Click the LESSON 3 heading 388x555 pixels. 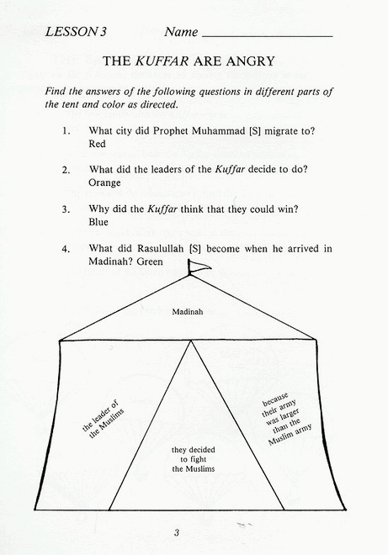(76, 32)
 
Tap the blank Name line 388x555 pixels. (267, 36)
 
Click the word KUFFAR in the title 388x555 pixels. (162, 61)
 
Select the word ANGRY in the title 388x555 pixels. (250, 61)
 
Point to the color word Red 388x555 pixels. (97, 144)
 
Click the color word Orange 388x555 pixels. (104, 183)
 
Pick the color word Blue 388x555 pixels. (98, 222)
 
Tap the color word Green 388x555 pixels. (150, 262)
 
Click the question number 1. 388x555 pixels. (66, 131)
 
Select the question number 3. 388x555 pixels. (66, 209)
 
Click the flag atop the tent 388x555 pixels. (198, 267)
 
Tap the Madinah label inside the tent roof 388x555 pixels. (188, 312)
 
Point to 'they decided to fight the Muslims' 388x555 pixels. (193, 459)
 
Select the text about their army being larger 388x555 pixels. (286, 419)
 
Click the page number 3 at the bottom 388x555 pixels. (177, 532)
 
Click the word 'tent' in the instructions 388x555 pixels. (70, 105)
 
